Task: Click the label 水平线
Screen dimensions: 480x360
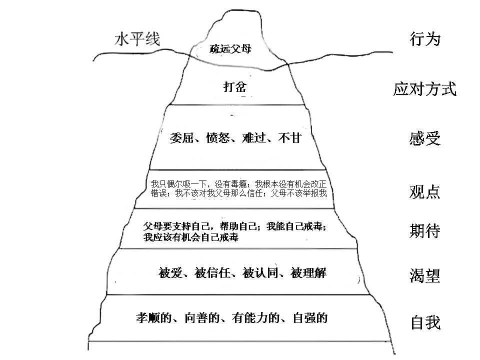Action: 137,39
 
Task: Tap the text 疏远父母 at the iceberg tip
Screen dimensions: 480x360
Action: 230,48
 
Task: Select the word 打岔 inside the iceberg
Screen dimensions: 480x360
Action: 235,87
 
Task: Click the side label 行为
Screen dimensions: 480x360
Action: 425,39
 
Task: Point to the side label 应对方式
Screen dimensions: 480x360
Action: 425,89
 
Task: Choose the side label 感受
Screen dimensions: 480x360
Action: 425,138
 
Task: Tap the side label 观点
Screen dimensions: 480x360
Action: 424,192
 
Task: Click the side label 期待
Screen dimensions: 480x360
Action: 425,231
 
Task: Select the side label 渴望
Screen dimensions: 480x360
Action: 425,275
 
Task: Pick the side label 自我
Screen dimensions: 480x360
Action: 425,323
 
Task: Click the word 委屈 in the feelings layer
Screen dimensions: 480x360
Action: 181,138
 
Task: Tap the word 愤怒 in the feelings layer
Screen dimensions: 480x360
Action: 218,138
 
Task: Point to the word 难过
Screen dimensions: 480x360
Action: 254,138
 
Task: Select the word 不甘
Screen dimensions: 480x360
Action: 290,138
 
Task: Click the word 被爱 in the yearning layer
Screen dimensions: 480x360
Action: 170,273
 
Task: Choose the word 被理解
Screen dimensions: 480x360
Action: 308,273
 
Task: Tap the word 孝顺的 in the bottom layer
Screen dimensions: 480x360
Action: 154,318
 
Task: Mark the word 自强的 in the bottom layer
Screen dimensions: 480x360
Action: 310,318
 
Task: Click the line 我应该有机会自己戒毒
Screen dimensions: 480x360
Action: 190,237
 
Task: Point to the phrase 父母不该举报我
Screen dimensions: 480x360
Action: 299,193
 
